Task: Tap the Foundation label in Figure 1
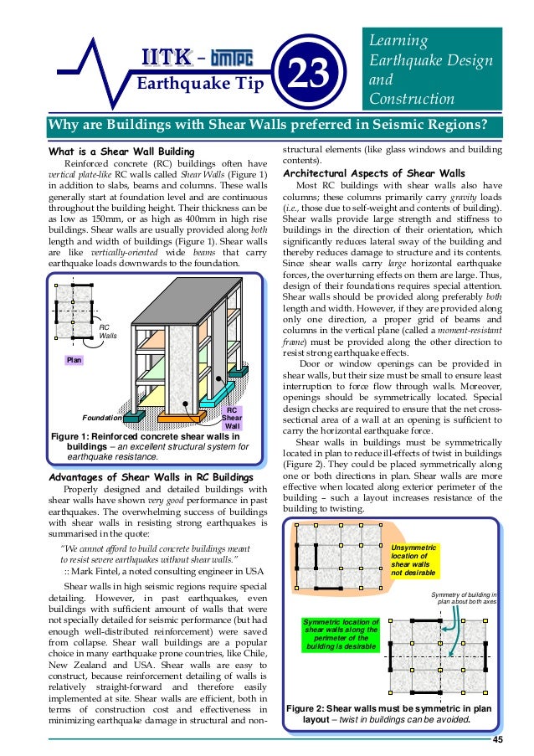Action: click(x=102, y=416)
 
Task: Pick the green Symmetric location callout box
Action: click(x=341, y=634)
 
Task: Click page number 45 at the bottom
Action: click(x=497, y=738)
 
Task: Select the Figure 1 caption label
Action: click(x=77, y=436)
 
